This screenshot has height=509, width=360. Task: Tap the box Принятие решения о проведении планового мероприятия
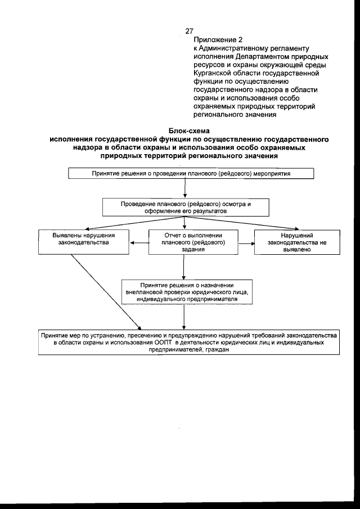click(x=191, y=173)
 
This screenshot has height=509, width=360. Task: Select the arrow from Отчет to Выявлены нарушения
click(x=138, y=244)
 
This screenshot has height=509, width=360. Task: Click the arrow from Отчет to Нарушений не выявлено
click(x=246, y=244)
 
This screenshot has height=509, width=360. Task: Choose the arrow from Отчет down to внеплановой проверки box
click(x=193, y=268)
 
